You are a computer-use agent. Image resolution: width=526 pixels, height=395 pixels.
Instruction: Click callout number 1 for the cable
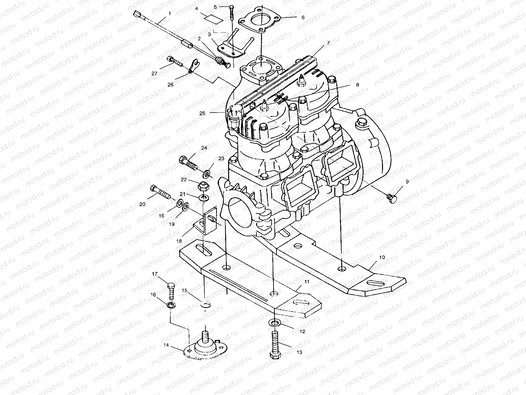pyautogui.click(x=169, y=13)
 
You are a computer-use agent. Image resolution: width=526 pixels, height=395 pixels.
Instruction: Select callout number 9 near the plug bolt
pyautogui.click(x=407, y=181)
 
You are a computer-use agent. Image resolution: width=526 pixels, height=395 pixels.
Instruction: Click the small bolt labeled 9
pyautogui.click(x=392, y=198)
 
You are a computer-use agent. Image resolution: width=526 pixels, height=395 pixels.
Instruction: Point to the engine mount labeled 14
pyautogui.click(x=205, y=349)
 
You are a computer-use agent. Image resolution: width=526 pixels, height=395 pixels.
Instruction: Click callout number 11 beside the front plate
pyautogui.click(x=306, y=282)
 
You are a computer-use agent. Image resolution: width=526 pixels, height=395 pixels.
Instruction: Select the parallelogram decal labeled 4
pyautogui.click(x=213, y=18)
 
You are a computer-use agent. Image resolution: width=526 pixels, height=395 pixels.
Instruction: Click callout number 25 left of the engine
pyautogui.click(x=202, y=113)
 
